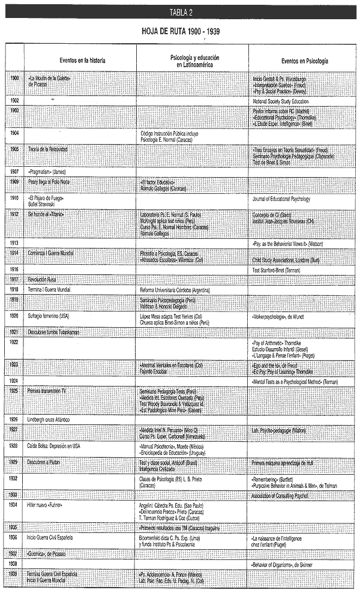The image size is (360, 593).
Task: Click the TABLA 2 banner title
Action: [180, 11]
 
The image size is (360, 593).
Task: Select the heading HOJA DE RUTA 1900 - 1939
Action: [180, 30]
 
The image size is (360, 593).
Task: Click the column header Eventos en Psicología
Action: [304, 60]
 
